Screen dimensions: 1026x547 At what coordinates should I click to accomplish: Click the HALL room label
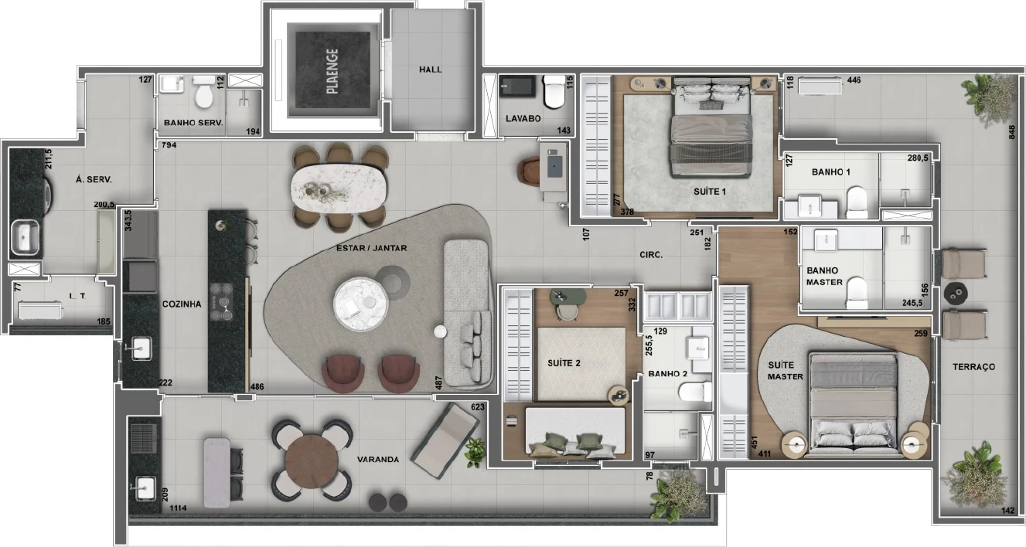[430, 70]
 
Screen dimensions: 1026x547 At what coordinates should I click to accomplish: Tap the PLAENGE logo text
[333, 71]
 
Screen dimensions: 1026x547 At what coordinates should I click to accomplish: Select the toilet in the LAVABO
[554, 91]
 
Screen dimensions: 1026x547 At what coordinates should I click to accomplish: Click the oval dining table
[339, 189]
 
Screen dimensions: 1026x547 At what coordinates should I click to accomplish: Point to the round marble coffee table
[361, 304]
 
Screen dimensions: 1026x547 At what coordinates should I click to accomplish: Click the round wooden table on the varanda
[312, 461]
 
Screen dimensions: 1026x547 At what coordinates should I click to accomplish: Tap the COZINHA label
[182, 304]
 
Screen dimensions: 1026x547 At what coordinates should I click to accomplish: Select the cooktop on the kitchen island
[221, 301]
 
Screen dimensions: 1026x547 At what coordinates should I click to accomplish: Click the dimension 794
[169, 145]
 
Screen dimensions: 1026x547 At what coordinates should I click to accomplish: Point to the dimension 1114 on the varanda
[178, 508]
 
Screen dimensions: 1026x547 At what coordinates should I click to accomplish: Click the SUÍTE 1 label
[710, 192]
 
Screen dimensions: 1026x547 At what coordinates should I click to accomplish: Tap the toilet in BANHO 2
[695, 392]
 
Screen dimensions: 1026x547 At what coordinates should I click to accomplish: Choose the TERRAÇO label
[973, 367]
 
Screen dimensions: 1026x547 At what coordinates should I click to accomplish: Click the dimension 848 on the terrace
[1011, 133]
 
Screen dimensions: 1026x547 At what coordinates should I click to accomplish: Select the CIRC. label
[651, 255]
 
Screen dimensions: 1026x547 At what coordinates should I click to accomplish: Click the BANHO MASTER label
[824, 277]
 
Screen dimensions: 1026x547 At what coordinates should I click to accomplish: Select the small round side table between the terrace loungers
[956, 293]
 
